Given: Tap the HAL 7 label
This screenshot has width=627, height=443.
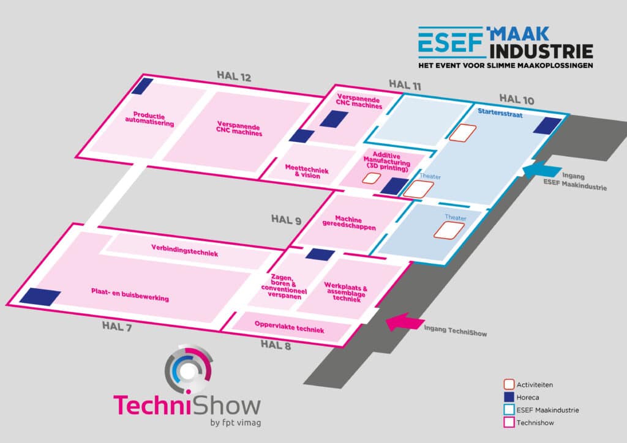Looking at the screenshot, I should (x=117, y=326).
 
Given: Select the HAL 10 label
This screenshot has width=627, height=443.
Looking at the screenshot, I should (x=517, y=97).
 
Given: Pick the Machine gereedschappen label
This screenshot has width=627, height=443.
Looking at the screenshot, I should (x=348, y=223).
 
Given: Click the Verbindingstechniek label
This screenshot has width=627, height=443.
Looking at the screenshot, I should (x=184, y=250).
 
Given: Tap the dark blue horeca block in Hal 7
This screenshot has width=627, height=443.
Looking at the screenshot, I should (x=40, y=297).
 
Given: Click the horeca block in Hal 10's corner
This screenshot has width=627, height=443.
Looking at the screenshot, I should (x=546, y=125).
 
